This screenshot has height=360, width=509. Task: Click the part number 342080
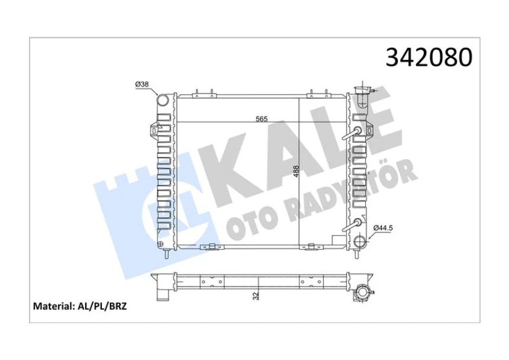point(429,57)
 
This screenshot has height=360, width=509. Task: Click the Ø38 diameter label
point(142,85)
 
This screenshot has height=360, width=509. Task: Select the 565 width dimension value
point(262,119)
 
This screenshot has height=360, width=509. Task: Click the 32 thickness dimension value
point(256,294)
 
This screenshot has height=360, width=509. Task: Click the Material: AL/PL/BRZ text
point(80,306)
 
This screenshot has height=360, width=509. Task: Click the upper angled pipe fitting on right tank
point(358,131)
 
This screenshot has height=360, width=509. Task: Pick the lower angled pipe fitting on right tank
point(357,223)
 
